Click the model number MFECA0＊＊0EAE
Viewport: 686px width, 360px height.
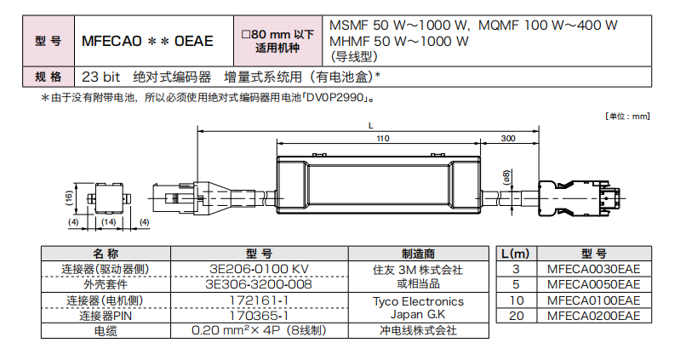click(x=147, y=40)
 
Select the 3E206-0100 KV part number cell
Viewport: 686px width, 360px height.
click(x=259, y=269)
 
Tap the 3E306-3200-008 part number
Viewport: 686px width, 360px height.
click(x=259, y=284)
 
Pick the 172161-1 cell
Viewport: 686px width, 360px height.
click(x=259, y=300)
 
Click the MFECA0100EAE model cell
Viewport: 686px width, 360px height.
click(x=593, y=300)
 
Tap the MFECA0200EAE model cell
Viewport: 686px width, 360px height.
click(x=593, y=316)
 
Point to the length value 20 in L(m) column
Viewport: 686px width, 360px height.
click(x=515, y=316)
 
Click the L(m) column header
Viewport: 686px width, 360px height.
click(x=515, y=254)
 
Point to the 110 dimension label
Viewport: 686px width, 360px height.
click(x=382, y=138)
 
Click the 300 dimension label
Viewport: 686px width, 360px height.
click(x=509, y=138)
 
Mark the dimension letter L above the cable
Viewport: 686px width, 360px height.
click(x=370, y=125)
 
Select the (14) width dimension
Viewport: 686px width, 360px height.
click(x=108, y=223)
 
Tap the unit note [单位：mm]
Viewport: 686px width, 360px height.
click(x=627, y=116)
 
